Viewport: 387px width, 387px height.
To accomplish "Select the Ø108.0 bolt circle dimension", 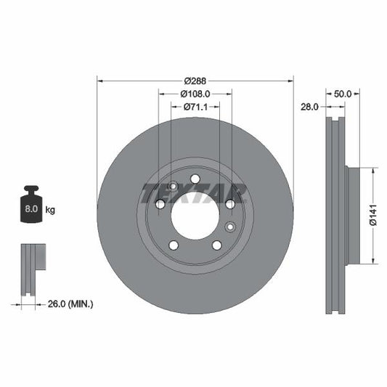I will (x=195, y=94).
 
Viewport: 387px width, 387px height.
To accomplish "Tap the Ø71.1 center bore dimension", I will (x=195, y=107).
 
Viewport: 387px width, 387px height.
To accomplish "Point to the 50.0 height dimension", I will (x=342, y=94).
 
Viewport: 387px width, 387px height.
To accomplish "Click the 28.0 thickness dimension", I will (x=310, y=107).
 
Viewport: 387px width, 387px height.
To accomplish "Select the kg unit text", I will (x=50, y=210).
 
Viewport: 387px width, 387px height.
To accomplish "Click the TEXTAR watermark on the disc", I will (x=195, y=193).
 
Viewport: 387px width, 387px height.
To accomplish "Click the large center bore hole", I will (x=195, y=216).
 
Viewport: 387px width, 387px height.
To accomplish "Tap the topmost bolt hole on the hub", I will (x=195, y=179).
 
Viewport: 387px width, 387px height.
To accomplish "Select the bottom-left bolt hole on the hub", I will (x=173, y=245).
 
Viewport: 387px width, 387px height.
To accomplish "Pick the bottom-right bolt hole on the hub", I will (x=216, y=245).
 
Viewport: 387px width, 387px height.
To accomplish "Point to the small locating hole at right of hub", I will (x=230, y=227).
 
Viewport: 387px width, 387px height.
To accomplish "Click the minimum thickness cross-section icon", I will (x=33, y=269).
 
